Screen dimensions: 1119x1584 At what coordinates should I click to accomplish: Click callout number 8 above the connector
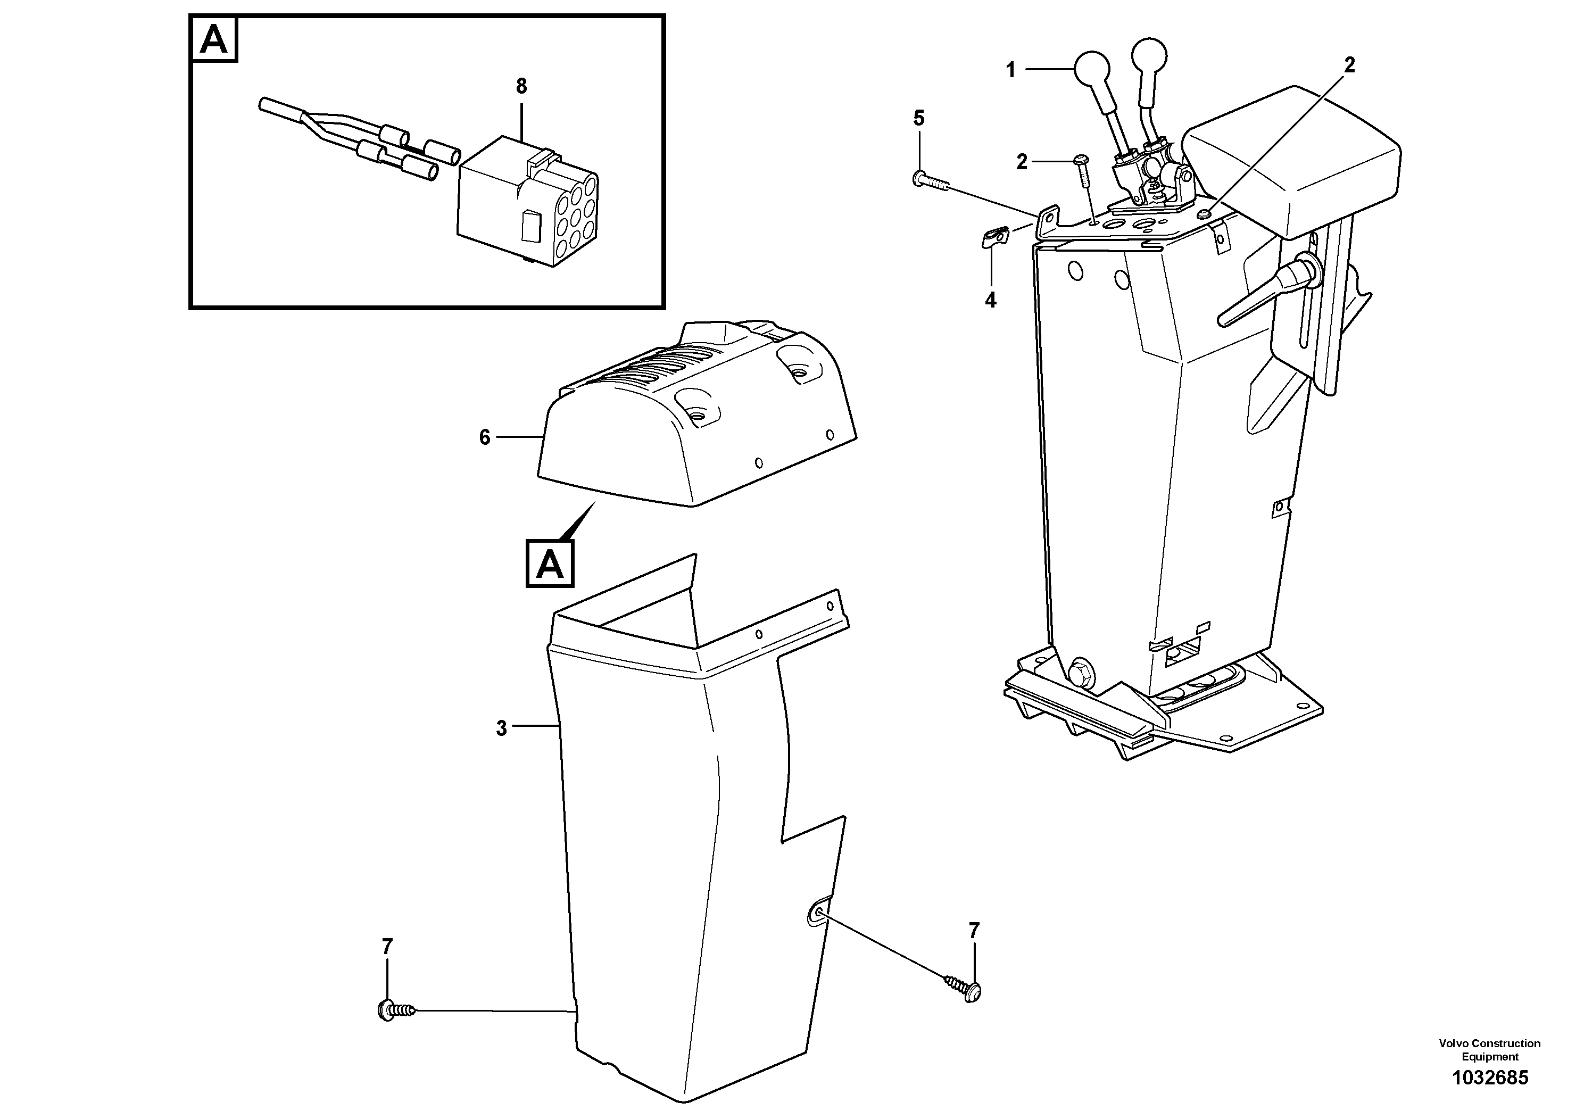point(521,87)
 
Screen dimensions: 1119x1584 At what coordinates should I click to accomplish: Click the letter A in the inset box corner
point(213,40)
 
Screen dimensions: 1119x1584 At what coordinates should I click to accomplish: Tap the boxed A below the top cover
point(550,565)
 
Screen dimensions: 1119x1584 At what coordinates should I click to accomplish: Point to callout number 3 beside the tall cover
point(502,728)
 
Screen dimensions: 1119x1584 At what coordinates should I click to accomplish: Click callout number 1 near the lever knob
point(1011,70)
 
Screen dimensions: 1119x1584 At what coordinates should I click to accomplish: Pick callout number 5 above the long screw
point(918,118)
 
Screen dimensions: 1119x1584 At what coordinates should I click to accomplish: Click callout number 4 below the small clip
point(991,300)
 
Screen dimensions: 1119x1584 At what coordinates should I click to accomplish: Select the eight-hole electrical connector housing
point(528,206)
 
